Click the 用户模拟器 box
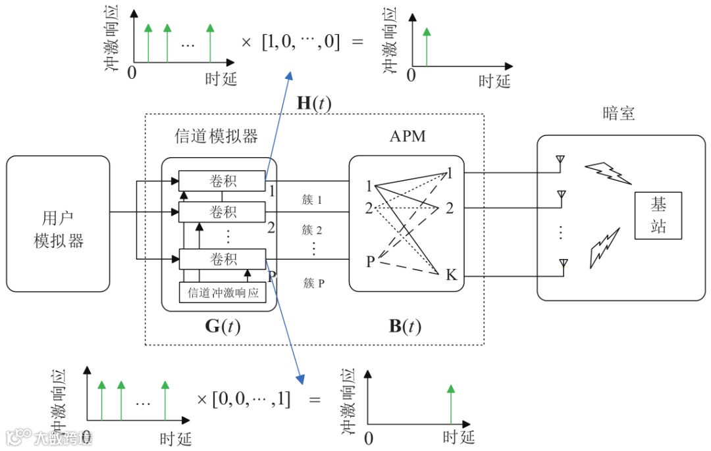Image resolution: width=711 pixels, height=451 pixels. [x=58, y=224]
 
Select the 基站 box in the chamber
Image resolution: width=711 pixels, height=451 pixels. [x=658, y=216]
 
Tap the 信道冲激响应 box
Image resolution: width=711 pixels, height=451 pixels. [x=223, y=293]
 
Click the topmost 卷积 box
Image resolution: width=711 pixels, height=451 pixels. [x=222, y=181]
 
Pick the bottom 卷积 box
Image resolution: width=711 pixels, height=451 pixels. [x=223, y=259]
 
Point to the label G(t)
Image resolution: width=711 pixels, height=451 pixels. [x=223, y=326]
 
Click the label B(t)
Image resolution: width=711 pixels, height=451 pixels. [x=405, y=326]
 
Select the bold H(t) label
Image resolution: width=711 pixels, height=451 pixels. [x=314, y=103]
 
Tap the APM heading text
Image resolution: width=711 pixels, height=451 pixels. [x=408, y=136]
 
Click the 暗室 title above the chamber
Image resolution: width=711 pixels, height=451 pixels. [x=618, y=113]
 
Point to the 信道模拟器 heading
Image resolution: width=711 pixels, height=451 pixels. [x=217, y=136]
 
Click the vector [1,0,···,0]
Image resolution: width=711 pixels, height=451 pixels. [x=301, y=41]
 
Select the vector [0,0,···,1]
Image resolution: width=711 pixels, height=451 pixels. [x=251, y=399]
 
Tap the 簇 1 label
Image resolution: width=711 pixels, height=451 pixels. [x=312, y=200]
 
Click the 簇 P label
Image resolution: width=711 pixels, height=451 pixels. [x=314, y=283]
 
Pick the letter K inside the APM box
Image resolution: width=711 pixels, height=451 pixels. [x=451, y=275]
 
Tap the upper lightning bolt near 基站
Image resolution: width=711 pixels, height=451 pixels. [x=608, y=174]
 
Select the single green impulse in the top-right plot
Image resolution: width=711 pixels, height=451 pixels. [x=426, y=47]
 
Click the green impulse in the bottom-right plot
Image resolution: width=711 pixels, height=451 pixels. [x=451, y=405]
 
